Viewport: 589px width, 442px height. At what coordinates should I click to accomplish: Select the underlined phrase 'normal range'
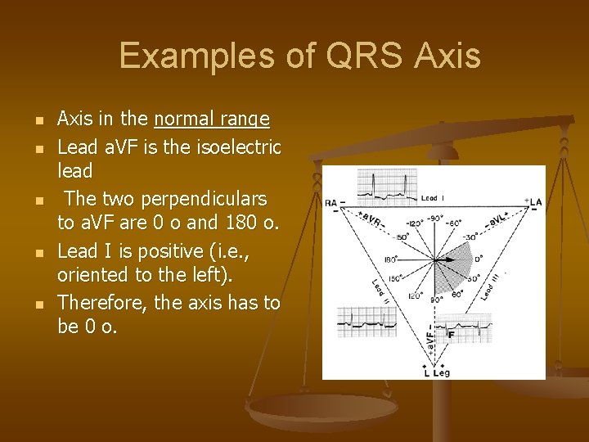tap(212, 120)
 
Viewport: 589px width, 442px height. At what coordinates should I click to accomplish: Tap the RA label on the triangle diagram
tap(330, 202)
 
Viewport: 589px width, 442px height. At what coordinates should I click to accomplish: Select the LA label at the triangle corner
tap(536, 202)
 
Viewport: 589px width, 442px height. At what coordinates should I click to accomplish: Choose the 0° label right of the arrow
tap(479, 258)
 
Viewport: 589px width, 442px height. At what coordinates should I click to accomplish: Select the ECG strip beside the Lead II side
tap(368, 322)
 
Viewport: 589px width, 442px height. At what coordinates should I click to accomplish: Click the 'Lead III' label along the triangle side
tap(490, 282)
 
